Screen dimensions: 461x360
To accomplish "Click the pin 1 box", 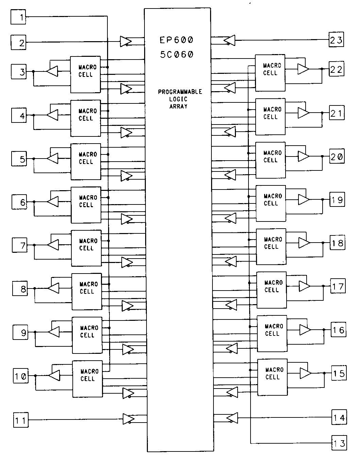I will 18,17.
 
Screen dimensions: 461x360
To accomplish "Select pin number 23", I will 336,40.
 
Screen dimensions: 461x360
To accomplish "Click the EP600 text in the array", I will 176,40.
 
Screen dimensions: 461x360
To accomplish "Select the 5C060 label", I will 176,54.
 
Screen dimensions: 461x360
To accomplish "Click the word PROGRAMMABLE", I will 180,92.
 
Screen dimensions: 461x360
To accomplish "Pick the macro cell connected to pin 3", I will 85,74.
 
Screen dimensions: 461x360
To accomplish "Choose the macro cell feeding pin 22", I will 270,72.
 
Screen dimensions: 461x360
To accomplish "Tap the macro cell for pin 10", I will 87,378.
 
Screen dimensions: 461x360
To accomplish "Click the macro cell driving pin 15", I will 272,377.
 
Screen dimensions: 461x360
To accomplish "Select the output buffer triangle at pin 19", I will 304,200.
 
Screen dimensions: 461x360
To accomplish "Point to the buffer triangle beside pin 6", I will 53,202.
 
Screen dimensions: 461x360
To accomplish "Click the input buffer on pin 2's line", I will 126,42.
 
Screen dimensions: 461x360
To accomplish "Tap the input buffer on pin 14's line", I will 232,417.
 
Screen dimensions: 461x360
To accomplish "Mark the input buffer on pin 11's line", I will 128,419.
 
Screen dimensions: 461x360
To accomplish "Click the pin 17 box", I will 338,286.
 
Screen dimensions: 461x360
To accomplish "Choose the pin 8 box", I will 20,289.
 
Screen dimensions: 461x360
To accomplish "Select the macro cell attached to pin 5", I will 86,161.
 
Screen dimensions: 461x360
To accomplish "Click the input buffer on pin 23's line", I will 229,40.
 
